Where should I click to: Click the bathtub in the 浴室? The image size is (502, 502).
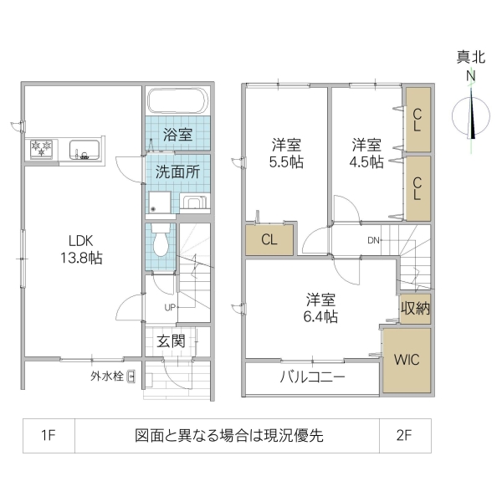tap(177, 103)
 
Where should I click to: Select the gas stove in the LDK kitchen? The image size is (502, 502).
tap(41, 150)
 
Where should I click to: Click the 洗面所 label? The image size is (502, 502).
tap(177, 173)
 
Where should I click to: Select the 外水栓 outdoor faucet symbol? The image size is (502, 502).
tap(131, 376)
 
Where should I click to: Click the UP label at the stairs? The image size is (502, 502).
tap(169, 306)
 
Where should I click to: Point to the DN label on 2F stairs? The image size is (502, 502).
tap(374, 241)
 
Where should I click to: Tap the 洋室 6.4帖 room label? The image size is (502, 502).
tap(321, 307)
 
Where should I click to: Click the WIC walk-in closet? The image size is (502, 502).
tap(407, 360)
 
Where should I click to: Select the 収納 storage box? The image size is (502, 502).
tap(415, 308)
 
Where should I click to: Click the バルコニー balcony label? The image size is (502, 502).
tap(313, 377)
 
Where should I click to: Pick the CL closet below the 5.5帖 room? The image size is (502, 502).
tap(269, 240)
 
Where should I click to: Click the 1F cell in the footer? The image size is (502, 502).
tap(48, 436)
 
